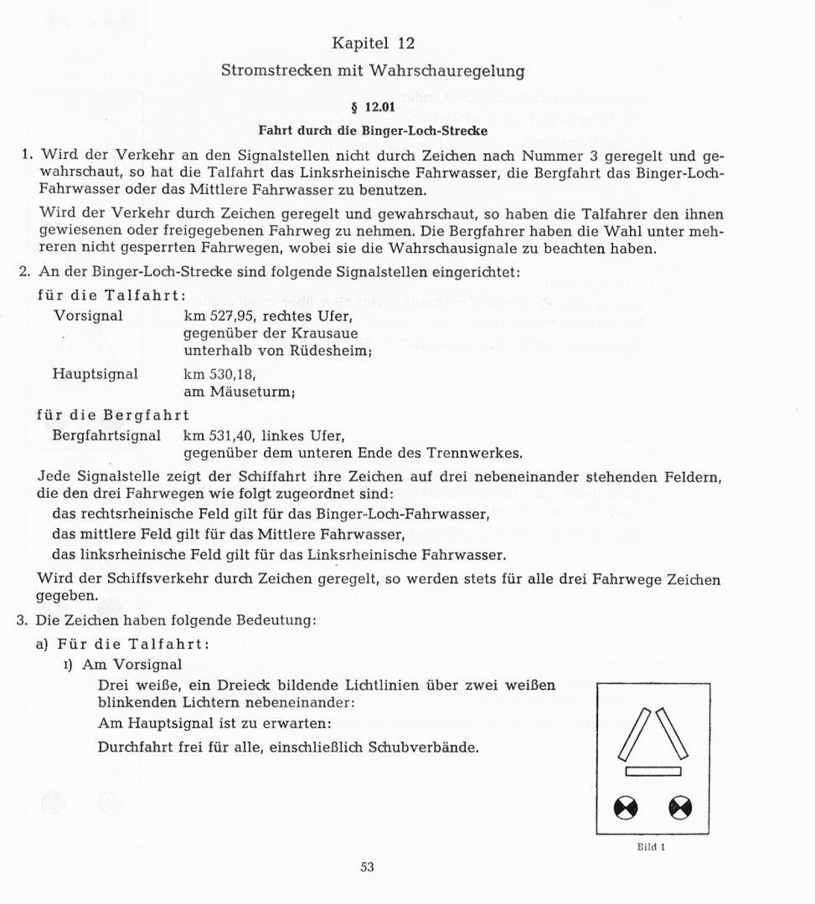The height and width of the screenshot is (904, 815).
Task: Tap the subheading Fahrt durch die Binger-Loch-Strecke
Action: (x=373, y=131)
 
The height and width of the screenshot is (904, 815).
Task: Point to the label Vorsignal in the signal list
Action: (x=88, y=316)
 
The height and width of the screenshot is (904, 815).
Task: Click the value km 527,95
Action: (x=220, y=316)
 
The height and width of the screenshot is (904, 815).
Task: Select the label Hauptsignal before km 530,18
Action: (x=95, y=374)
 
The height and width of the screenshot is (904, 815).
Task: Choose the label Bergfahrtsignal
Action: (x=106, y=436)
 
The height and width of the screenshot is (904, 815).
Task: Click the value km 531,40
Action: (x=220, y=436)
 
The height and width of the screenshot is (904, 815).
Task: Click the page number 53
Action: (x=367, y=867)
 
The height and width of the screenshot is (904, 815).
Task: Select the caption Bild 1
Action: (x=651, y=846)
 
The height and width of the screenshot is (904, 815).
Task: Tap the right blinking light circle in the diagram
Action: (x=680, y=808)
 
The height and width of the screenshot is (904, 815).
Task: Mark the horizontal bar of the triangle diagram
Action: (x=653, y=771)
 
